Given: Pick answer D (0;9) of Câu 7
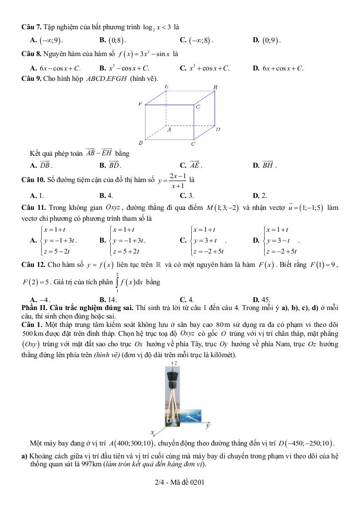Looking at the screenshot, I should click(272, 40).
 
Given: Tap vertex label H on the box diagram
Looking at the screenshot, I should click(216, 87).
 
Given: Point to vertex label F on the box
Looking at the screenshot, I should click(141, 104).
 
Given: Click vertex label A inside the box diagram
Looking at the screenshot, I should click(169, 129).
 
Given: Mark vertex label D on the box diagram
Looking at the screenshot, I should click(217, 129).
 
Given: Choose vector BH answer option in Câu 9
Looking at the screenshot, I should click(268, 165).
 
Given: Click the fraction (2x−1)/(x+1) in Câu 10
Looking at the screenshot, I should click(177, 181).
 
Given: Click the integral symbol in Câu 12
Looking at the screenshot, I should click(118, 282).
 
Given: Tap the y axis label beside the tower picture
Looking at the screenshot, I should click(208, 425).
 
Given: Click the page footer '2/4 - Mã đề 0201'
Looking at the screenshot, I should click(180, 482).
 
